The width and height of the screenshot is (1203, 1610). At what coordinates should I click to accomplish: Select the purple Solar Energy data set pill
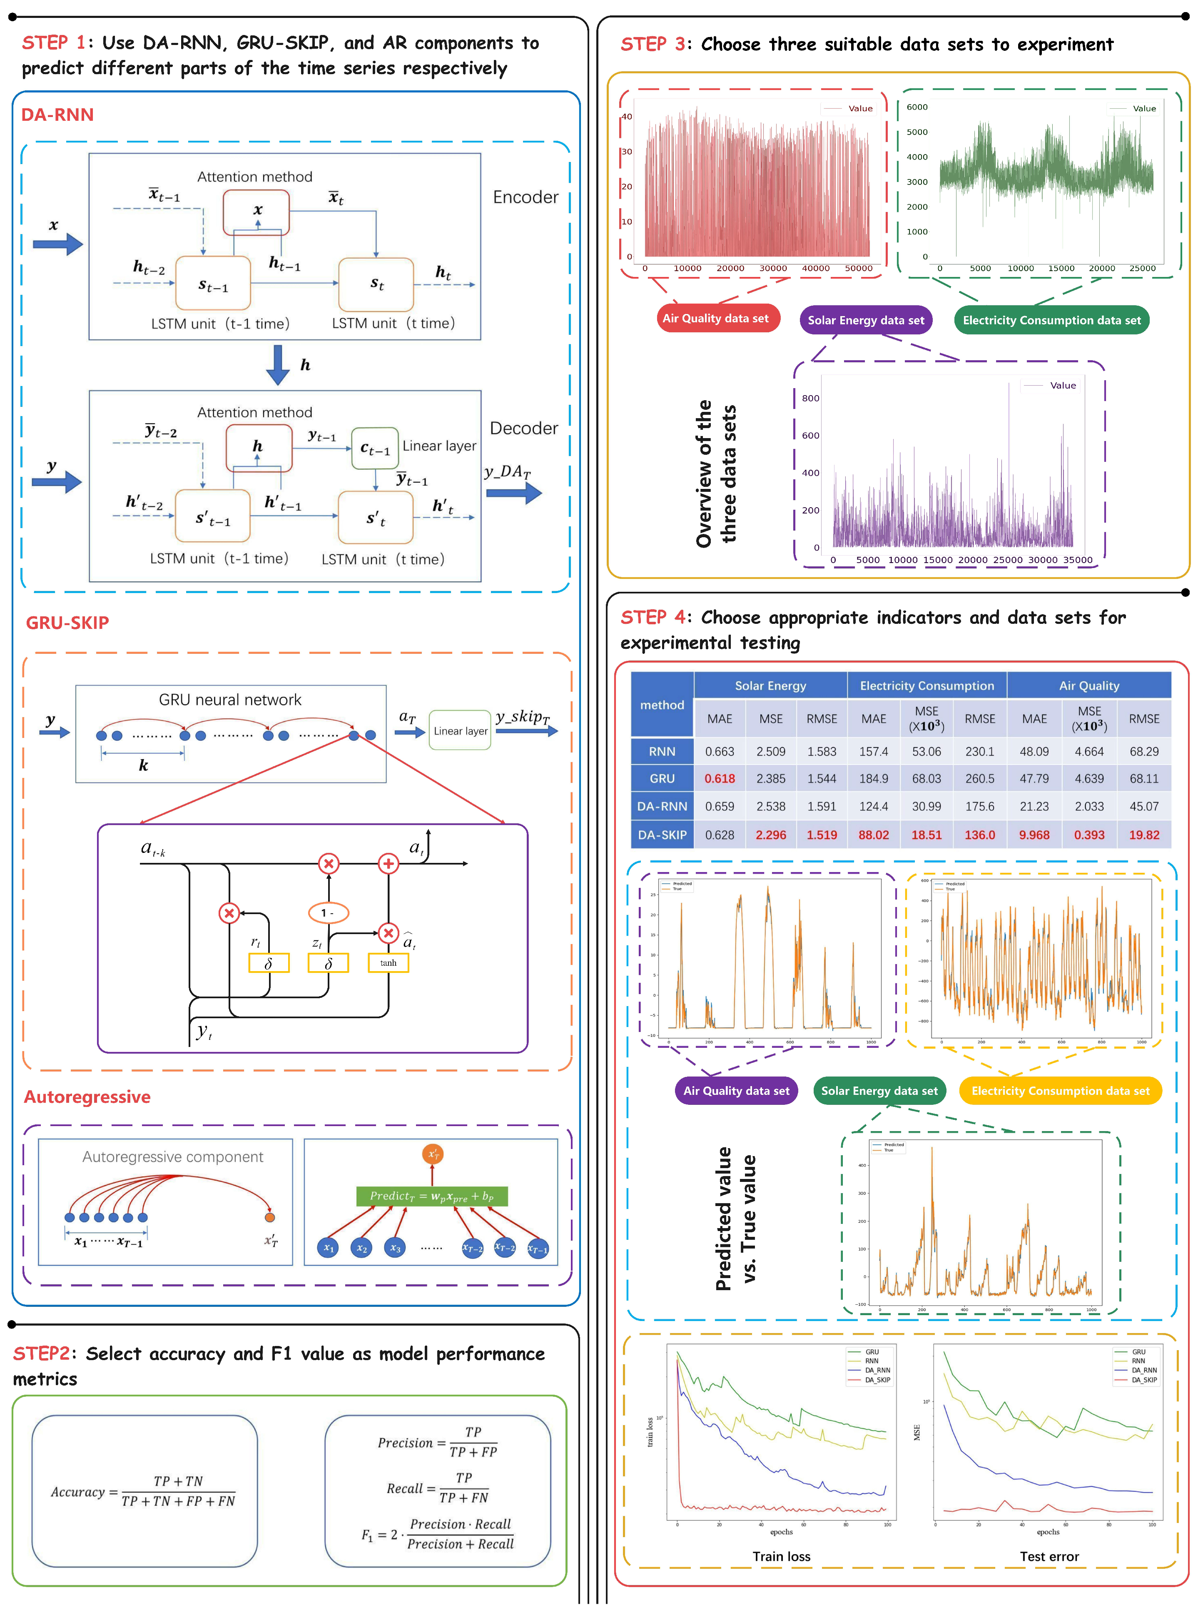click(x=865, y=320)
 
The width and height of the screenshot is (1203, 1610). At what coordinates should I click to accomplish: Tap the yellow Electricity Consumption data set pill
click(x=1060, y=1090)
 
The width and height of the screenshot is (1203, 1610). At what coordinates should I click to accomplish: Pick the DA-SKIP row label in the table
click(x=662, y=835)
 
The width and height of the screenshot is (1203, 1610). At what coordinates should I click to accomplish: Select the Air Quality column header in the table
click(x=1089, y=685)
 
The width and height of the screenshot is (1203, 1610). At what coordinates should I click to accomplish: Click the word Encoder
click(x=526, y=197)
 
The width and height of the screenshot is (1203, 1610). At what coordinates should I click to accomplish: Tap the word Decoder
click(x=524, y=428)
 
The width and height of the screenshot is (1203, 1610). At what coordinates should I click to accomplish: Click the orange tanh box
click(x=388, y=963)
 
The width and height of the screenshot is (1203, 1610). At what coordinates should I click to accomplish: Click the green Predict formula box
click(x=431, y=1196)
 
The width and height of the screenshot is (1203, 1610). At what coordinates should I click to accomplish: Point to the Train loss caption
click(x=781, y=1556)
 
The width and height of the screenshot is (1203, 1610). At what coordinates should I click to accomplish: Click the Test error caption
click(x=1049, y=1556)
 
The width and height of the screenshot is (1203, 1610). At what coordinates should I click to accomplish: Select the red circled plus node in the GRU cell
click(x=389, y=864)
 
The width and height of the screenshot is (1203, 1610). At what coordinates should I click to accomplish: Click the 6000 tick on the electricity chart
click(x=917, y=107)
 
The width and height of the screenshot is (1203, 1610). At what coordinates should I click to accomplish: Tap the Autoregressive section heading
click(x=87, y=1097)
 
